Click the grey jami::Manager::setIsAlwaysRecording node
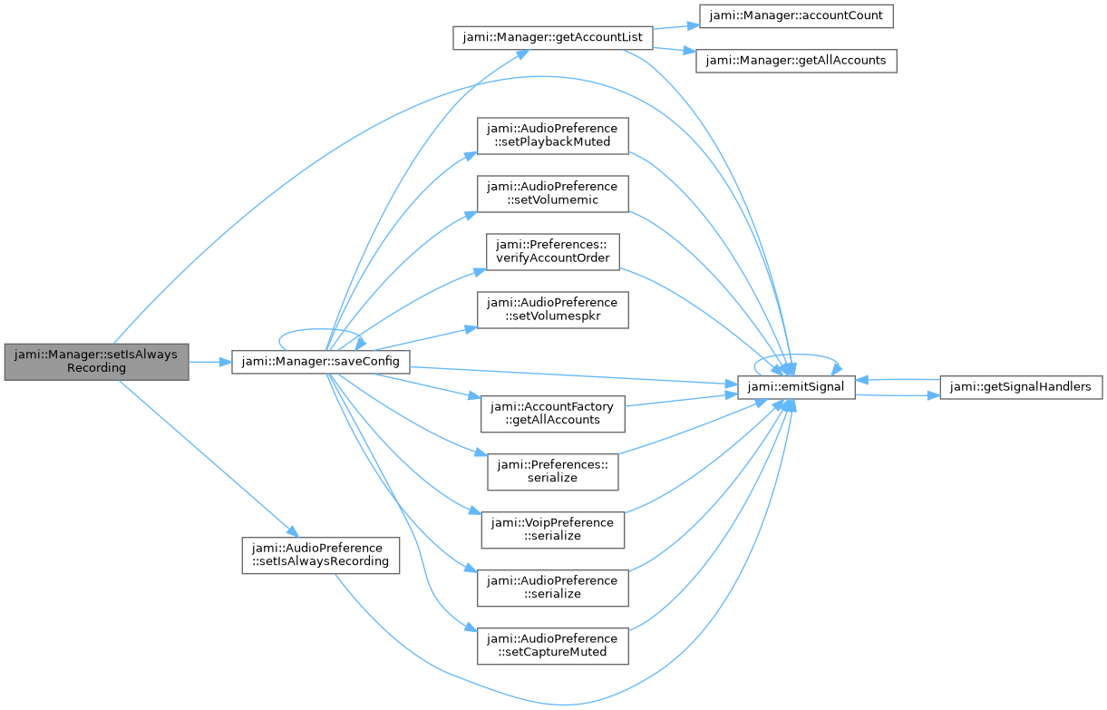tap(96, 362)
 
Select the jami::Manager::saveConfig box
tap(321, 362)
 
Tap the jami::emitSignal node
tap(796, 387)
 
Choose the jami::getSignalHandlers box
tap(1021, 387)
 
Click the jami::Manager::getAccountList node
tap(553, 37)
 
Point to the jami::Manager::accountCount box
tap(796, 15)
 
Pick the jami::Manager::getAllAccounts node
tap(796, 61)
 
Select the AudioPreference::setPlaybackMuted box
tap(553, 135)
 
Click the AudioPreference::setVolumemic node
tap(553, 194)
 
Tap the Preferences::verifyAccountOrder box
tap(553, 252)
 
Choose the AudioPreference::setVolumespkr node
tap(553, 309)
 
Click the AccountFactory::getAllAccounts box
tap(553, 413)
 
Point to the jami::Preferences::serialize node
tap(553, 472)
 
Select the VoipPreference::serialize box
tap(553, 530)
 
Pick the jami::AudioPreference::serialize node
tap(553, 588)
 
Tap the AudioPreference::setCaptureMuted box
tap(553, 646)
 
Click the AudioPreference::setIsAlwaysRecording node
tap(321, 555)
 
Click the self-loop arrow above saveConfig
tap(321, 329)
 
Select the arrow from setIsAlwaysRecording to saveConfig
tap(210, 363)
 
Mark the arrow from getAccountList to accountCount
tap(676, 26)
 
